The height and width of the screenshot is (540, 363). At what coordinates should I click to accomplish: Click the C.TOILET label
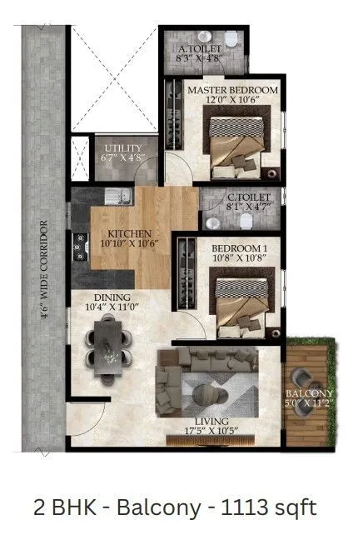pyautogui.click(x=246, y=198)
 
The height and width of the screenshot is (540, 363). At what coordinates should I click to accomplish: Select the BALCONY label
pyautogui.click(x=310, y=394)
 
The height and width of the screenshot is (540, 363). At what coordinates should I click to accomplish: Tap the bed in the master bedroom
pyautogui.click(x=235, y=142)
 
